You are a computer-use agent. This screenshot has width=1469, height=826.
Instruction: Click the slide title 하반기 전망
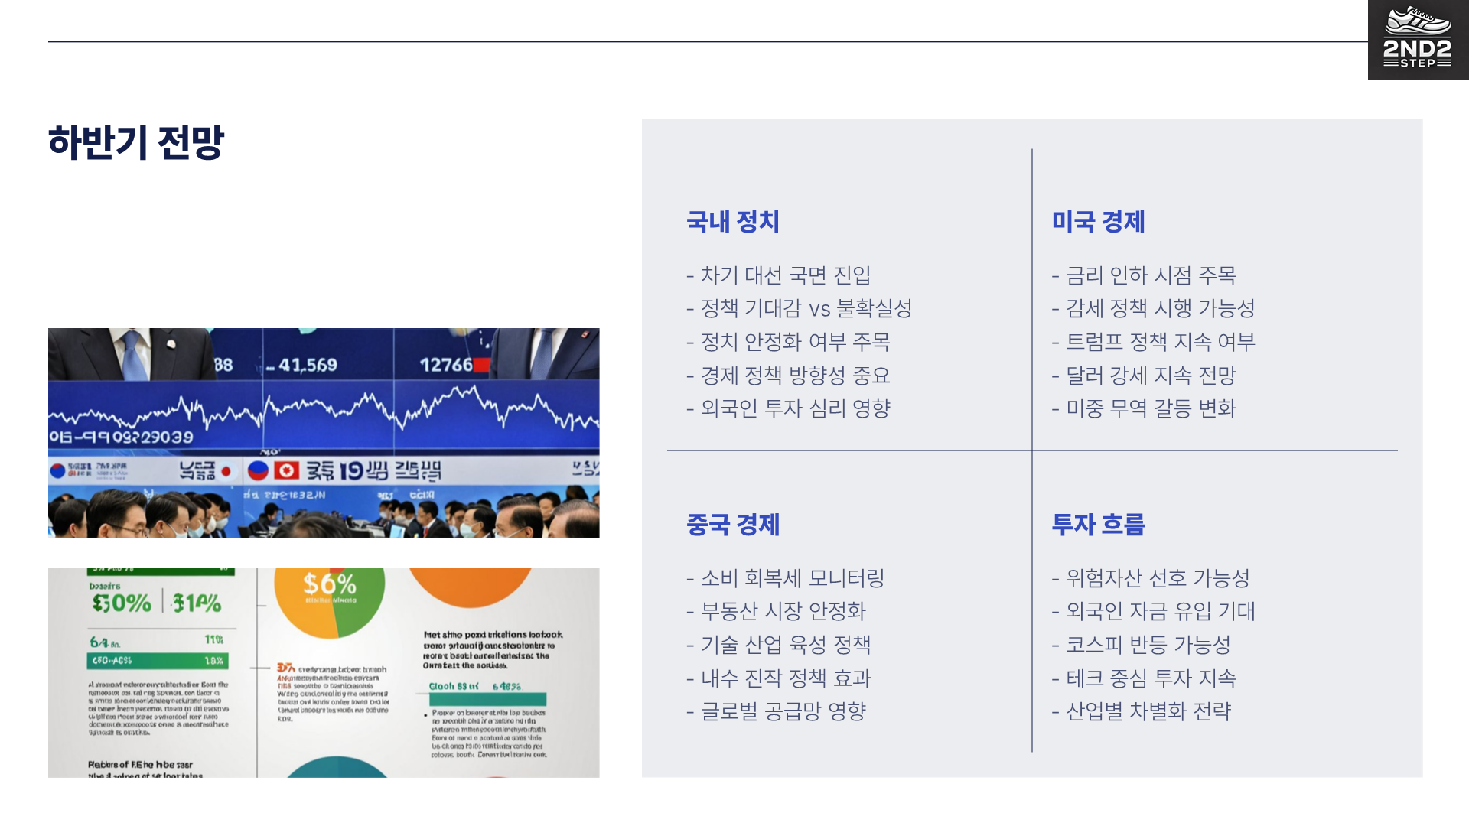(x=136, y=142)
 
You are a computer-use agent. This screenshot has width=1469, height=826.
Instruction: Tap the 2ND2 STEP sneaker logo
(x=1417, y=39)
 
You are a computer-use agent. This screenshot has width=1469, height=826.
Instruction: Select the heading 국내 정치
(x=732, y=222)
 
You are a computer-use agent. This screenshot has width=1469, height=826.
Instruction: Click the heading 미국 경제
(x=1098, y=222)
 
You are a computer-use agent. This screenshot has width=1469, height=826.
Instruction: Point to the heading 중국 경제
(x=732, y=525)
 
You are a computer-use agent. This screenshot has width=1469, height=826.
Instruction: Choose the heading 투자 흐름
(x=1098, y=525)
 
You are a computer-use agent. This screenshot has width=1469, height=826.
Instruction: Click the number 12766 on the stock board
(x=446, y=366)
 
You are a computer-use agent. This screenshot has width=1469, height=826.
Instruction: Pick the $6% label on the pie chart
(x=329, y=584)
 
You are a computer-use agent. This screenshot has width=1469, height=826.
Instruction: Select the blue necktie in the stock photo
(x=135, y=356)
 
